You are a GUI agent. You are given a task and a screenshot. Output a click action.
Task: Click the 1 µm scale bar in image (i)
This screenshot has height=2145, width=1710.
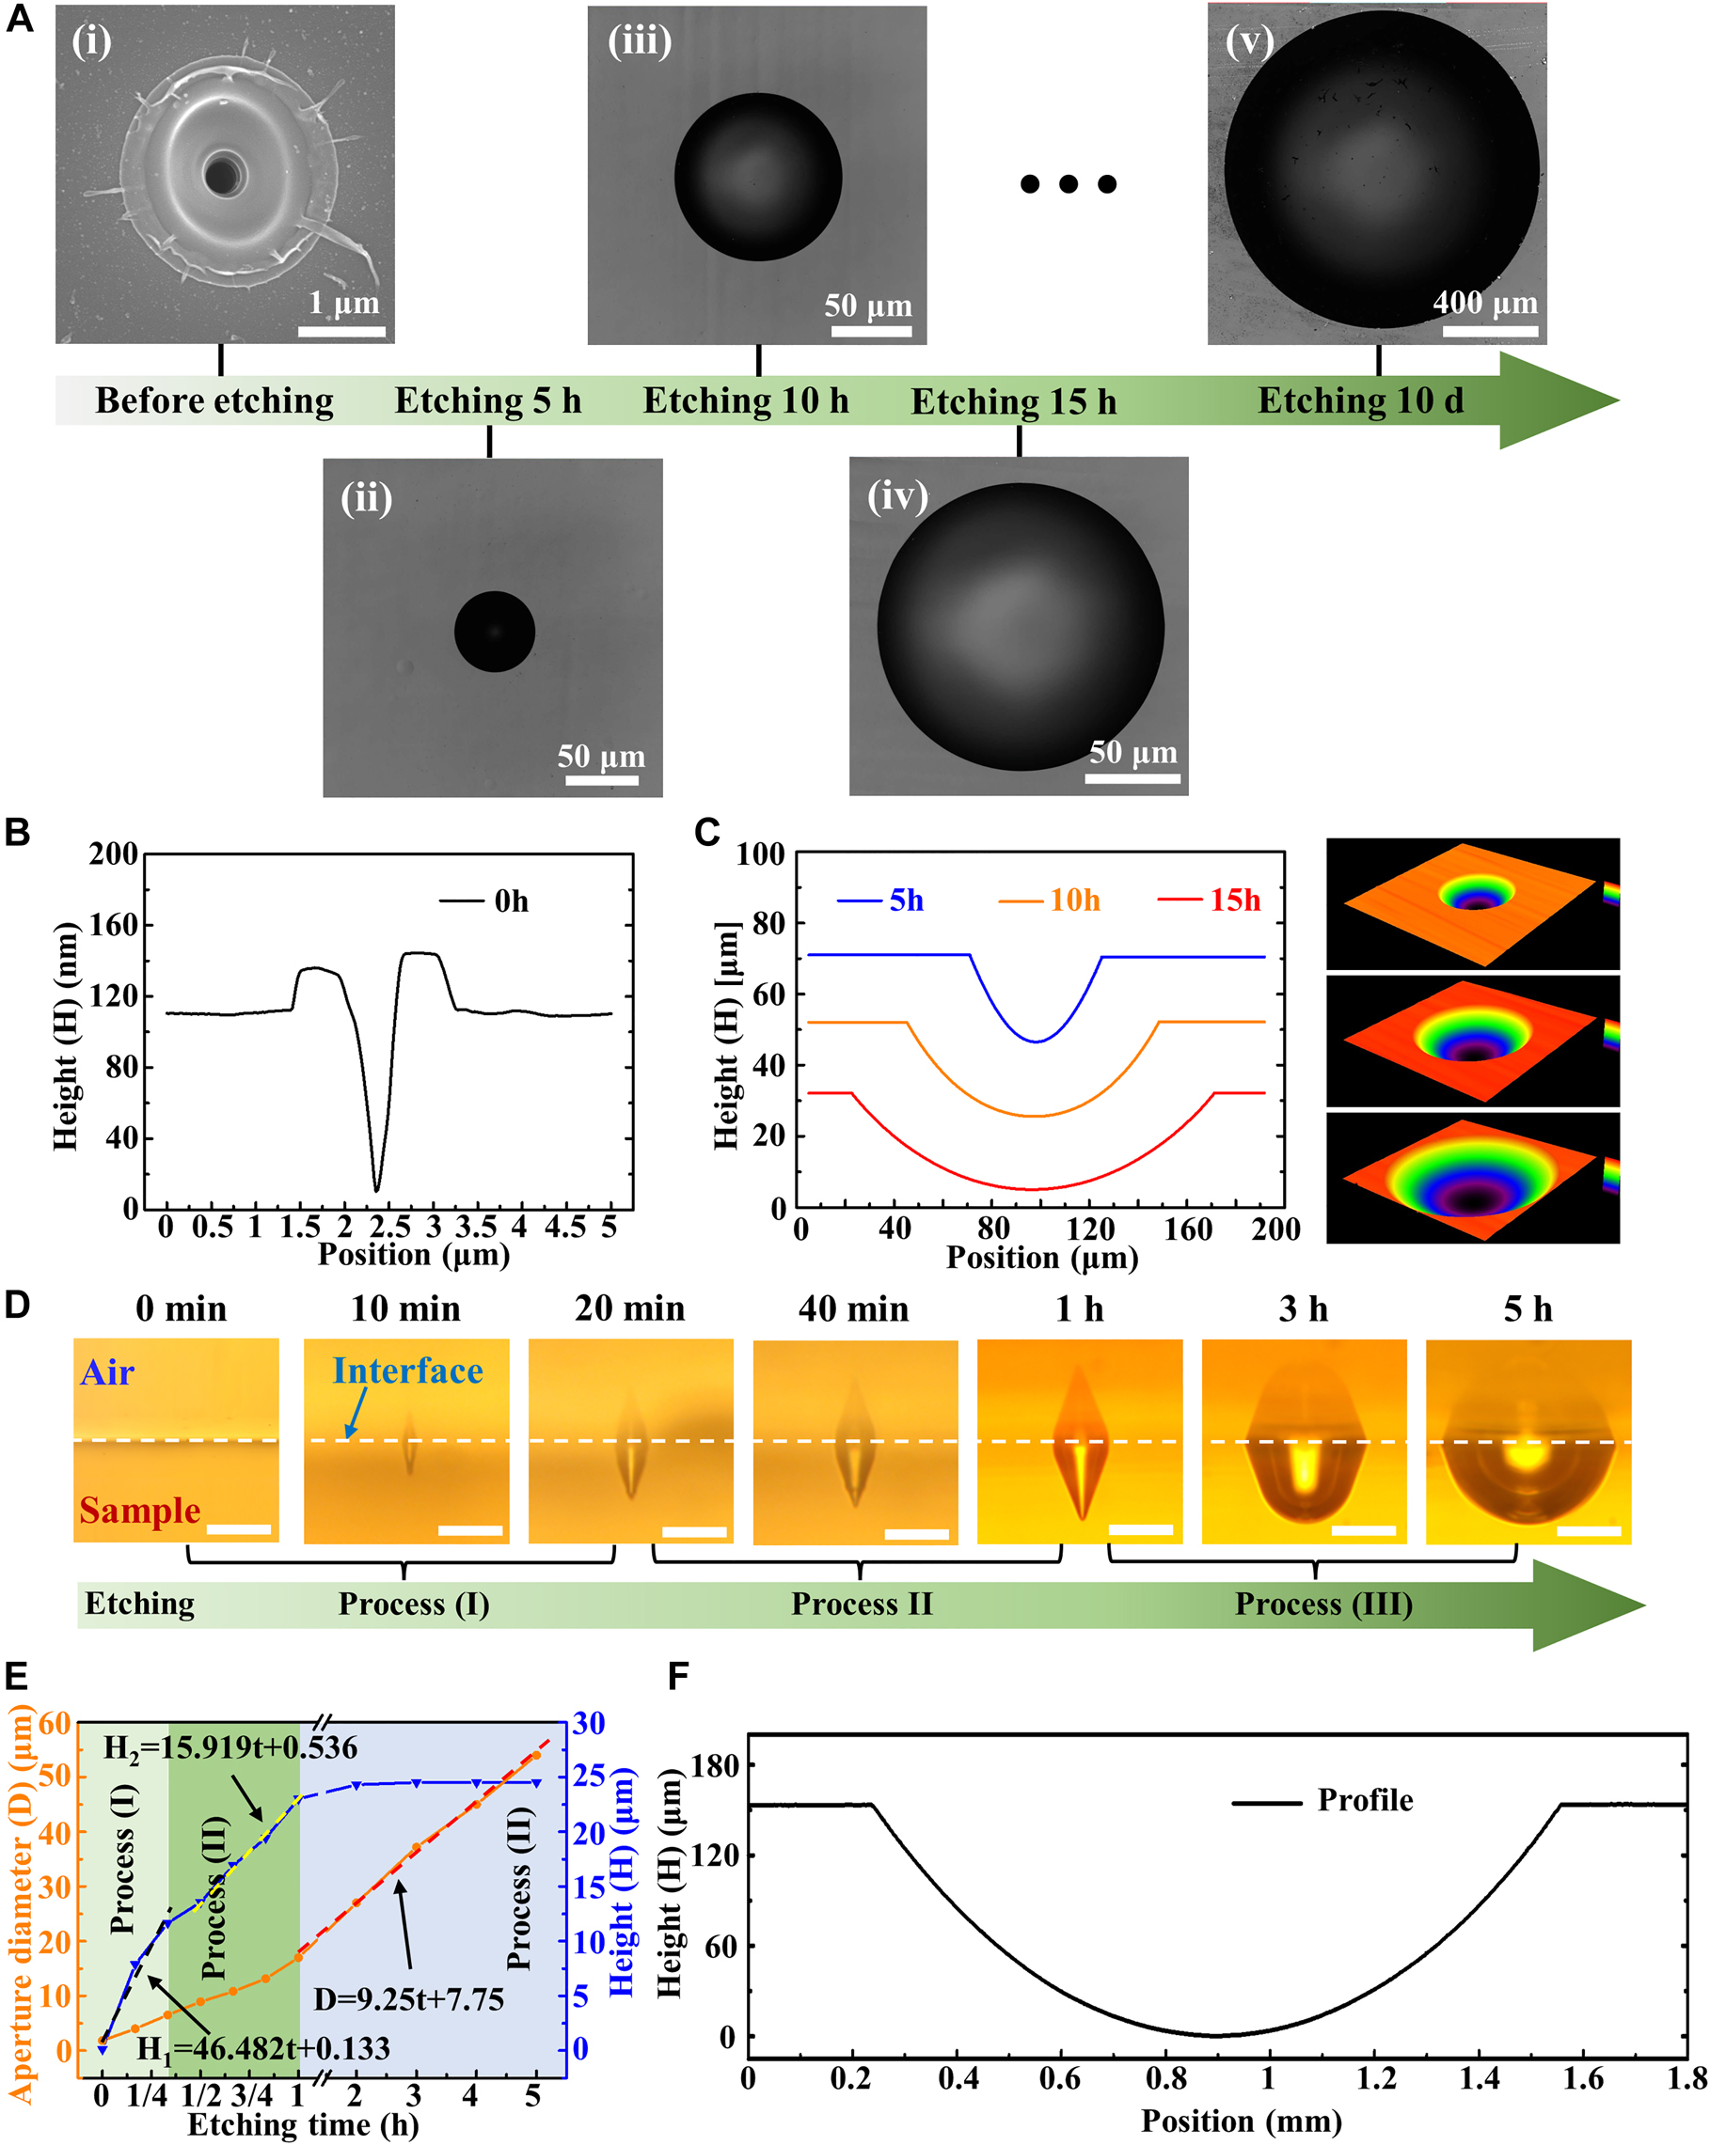(341, 330)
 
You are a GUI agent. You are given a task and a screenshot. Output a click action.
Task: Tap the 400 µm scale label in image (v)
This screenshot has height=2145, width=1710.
(1484, 302)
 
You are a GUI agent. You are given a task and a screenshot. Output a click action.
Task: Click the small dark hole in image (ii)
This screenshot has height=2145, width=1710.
(494, 632)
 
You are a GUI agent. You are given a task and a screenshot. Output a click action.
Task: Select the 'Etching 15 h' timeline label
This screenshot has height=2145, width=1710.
(1013, 402)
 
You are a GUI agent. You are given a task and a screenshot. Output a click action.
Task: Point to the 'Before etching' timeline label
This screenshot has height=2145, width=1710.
(214, 401)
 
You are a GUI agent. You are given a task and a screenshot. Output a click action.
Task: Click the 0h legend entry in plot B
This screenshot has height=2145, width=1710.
(511, 901)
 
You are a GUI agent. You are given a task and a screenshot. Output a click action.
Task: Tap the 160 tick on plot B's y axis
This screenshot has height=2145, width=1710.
(114, 925)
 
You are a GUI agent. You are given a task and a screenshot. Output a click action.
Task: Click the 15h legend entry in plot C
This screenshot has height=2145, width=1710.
(1234, 900)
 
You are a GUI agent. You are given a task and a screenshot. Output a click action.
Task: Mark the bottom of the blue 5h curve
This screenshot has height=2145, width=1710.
(1037, 1041)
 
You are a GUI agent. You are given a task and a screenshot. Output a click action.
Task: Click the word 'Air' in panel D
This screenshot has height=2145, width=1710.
(106, 1373)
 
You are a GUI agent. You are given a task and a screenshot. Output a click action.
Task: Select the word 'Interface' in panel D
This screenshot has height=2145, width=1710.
(407, 1371)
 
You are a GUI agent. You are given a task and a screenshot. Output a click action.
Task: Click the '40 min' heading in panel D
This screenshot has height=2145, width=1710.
(853, 1309)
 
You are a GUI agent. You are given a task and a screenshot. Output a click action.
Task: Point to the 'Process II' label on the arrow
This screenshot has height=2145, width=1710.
(861, 1605)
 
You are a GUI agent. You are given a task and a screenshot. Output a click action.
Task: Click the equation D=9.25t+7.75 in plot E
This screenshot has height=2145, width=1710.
(408, 1999)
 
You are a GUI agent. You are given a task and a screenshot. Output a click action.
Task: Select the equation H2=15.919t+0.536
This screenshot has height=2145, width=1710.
(230, 1748)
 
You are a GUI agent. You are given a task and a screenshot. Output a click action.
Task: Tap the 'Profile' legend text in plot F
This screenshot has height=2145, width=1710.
(1364, 1801)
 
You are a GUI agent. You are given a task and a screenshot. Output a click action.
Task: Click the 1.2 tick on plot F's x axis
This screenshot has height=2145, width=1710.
(1375, 2078)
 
